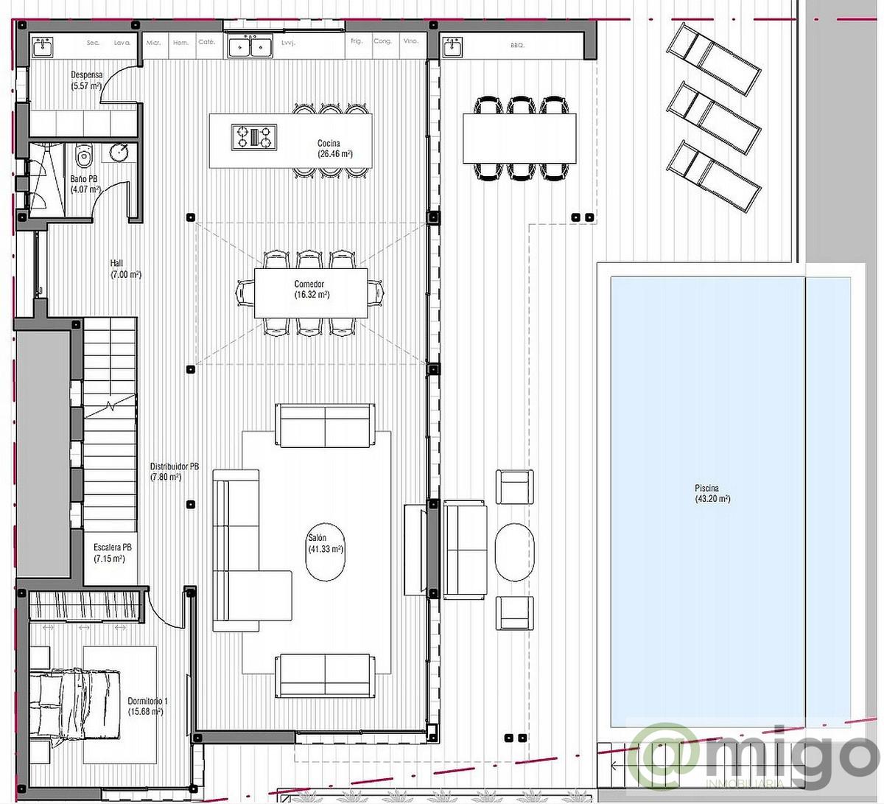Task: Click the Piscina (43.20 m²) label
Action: pyautogui.click(x=712, y=494)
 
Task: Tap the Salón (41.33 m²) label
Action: pyautogui.click(x=326, y=544)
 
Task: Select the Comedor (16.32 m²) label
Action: pyautogui.click(x=311, y=289)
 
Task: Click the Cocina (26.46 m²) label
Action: pyautogui.click(x=334, y=148)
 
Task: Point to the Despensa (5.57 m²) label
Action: pyautogui.click(x=86, y=80)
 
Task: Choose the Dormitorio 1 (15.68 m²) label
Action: pyautogui.click(x=147, y=706)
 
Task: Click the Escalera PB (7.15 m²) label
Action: pyautogui.click(x=111, y=553)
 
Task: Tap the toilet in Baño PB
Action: pyautogui.click(x=83, y=155)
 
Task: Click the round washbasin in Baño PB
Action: pyautogui.click(x=120, y=153)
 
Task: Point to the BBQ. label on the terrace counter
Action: pyautogui.click(x=517, y=46)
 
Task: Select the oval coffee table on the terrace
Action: pyautogui.click(x=514, y=552)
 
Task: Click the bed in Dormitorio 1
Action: pyautogui.click(x=74, y=704)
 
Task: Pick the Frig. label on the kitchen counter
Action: pyautogui.click(x=357, y=42)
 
